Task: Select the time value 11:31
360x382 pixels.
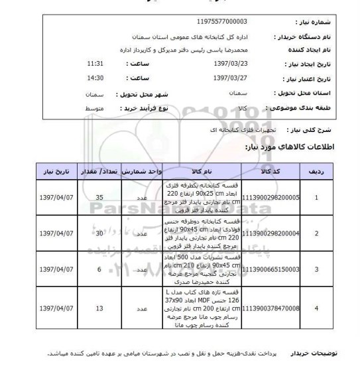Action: coord(96,63)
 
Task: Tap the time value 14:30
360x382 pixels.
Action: coord(96,78)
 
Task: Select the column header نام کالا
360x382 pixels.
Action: coord(185,171)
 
